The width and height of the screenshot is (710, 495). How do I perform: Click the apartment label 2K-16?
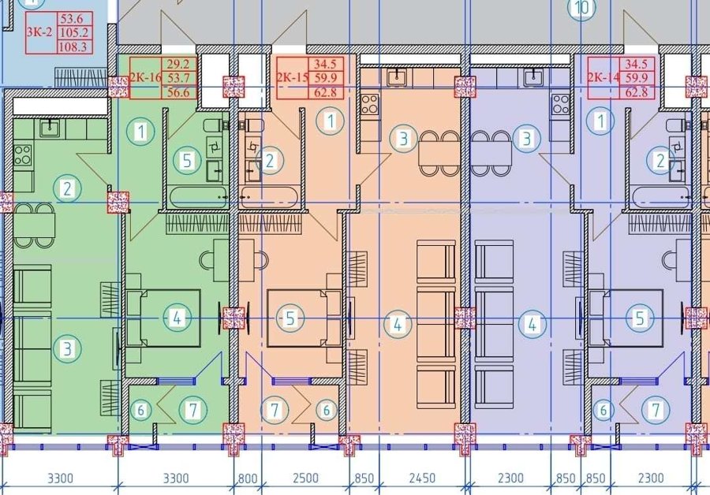click(x=145, y=77)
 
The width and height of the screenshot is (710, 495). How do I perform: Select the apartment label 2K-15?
click(x=293, y=77)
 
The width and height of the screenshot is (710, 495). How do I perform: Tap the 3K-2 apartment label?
click(x=40, y=32)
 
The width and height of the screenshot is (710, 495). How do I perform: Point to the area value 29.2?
click(x=178, y=64)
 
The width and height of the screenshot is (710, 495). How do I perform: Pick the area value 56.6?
click(x=178, y=92)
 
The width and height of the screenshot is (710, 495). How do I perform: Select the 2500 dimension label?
click(x=305, y=478)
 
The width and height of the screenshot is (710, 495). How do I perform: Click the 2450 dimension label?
click(x=422, y=478)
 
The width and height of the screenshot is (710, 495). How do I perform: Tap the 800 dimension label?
click(x=247, y=478)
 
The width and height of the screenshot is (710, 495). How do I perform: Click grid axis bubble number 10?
click(x=582, y=8)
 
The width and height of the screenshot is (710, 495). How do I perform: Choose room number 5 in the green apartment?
click(x=187, y=161)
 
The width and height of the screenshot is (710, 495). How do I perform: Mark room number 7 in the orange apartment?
click(x=275, y=410)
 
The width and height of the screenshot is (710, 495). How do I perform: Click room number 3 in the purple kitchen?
click(x=527, y=139)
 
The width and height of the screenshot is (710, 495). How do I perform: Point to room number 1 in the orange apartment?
click(x=331, y=121)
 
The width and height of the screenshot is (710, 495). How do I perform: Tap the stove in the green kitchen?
click(x=23, y=154)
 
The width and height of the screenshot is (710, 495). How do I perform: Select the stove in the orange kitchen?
click(x=370, y=103)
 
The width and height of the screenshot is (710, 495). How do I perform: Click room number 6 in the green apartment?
click(x=141, y=411)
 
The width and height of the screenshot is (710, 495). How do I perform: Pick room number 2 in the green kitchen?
click(x=68, y=188)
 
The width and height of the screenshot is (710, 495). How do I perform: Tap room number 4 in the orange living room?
click(x=398, y=324)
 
